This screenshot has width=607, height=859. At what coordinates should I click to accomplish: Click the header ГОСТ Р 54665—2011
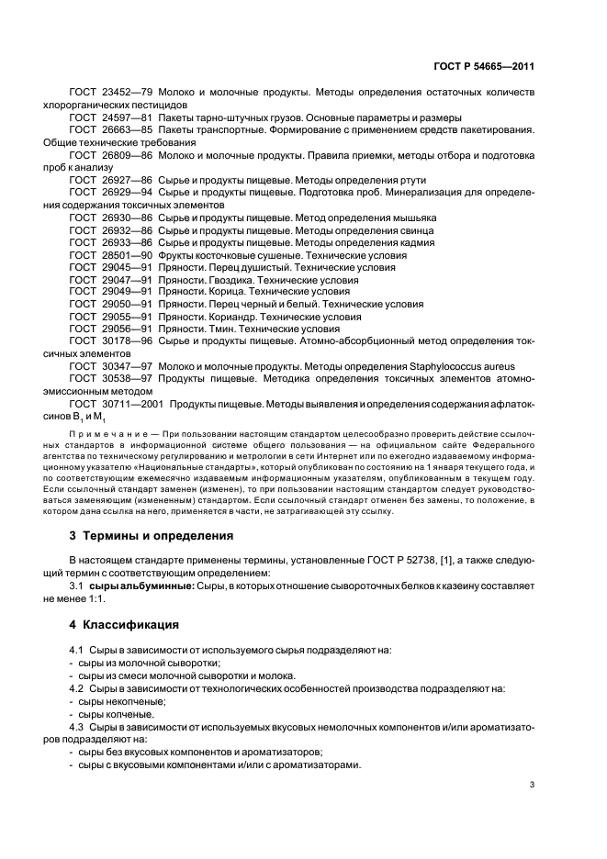(x=489, y=66)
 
